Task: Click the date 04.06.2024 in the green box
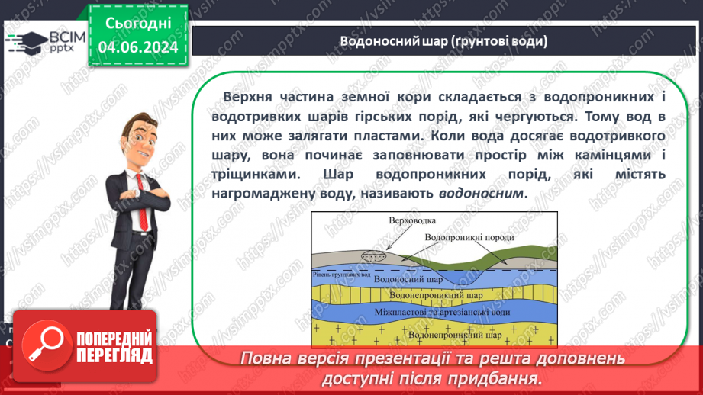(x=137, y=47)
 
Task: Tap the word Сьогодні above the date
(x=137, y=24)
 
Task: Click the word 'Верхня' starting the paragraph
(x=247, y=98)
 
